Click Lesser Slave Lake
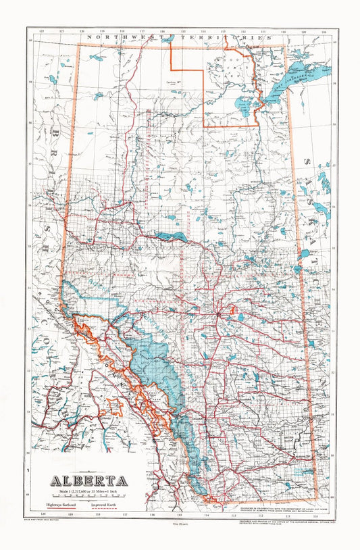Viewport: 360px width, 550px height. click(x=170, y=236)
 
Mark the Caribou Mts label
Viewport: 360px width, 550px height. click(x=176, y=83)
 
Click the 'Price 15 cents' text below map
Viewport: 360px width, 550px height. click(x=180, y=524)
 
